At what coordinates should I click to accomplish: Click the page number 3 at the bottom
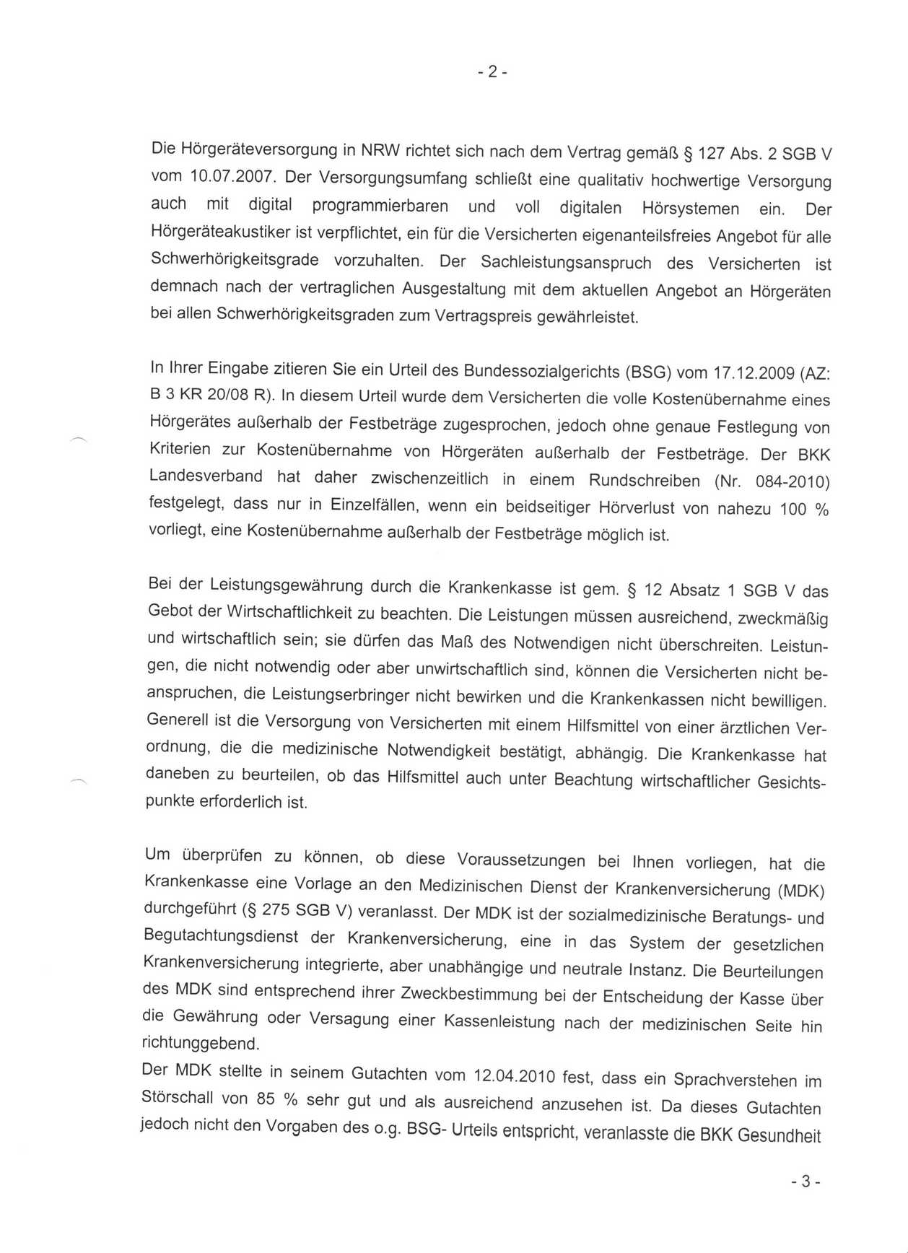806,1182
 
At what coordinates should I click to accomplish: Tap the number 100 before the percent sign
793,509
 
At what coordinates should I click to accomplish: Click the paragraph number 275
277,909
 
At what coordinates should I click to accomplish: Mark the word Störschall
177,1098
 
